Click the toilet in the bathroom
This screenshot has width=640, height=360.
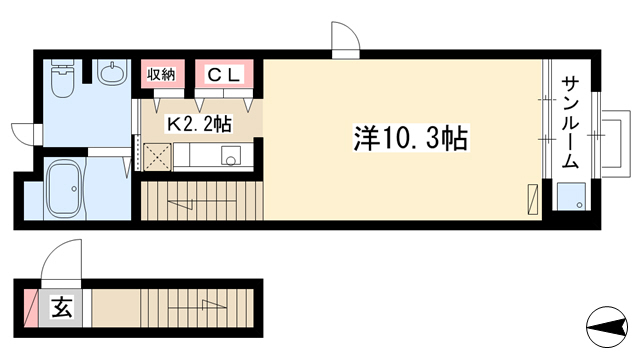coord(62,78)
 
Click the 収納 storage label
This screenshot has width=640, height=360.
coord(161,74)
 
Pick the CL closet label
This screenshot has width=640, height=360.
coord(223,74)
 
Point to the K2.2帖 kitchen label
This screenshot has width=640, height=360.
coord(199,124)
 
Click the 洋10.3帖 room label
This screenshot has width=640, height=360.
coord(411,138)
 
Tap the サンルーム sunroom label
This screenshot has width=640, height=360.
coord(570,122)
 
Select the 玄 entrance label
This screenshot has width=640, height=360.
coord(62,307)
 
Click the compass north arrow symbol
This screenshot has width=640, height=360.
coord(607,327)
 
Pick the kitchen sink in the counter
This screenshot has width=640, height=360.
coord(231,156)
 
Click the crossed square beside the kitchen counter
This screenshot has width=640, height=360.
coord(157,157)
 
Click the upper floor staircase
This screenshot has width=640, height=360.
coord(202,201)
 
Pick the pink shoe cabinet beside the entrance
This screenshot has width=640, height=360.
coord(31,308)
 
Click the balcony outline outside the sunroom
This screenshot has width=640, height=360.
coord(616,143)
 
